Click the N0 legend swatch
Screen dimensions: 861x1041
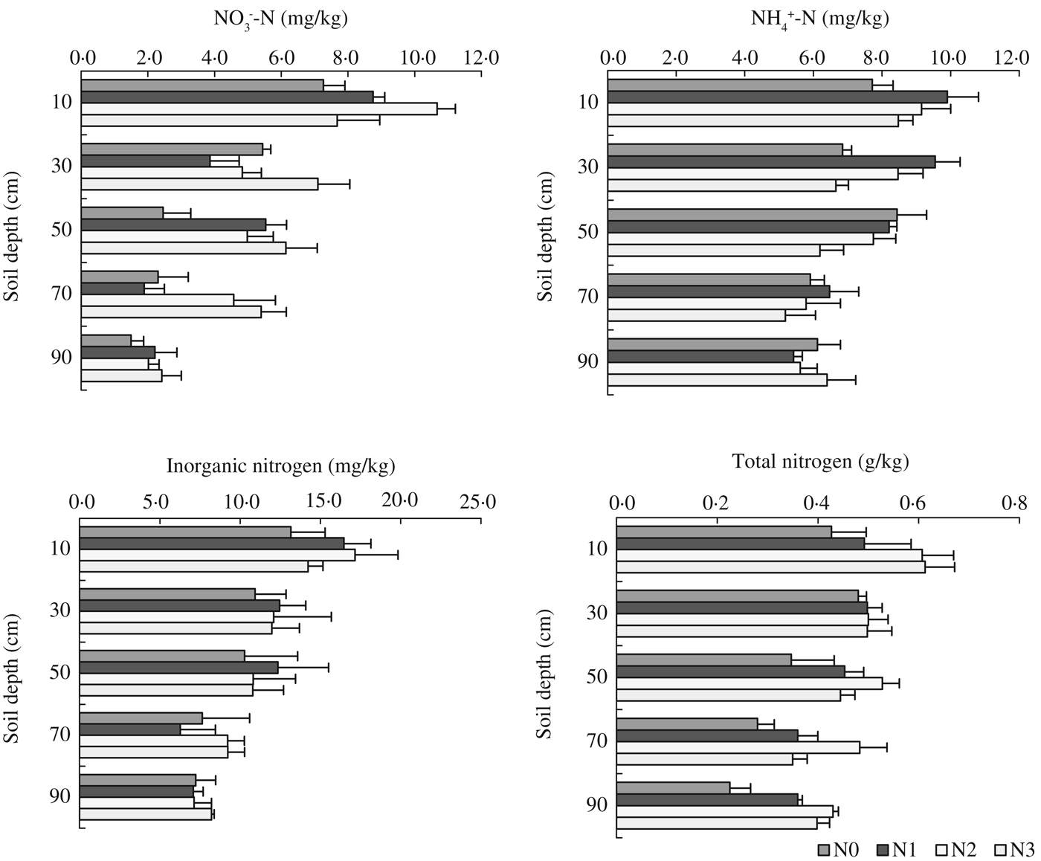pos(823,850)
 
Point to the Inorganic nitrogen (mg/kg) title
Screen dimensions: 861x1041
pos(280,466)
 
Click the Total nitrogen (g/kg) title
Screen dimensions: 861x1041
pos(820,462)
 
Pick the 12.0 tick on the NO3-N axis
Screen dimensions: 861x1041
pos(482,57)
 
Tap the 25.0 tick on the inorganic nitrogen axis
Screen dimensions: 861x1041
pos(477,503)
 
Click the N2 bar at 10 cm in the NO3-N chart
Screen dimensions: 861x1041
pos(259,109)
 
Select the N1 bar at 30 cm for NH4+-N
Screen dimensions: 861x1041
pos(771,161)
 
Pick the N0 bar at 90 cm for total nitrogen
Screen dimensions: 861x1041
pos(673,787)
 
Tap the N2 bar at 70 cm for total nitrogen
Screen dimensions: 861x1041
pos(738,747)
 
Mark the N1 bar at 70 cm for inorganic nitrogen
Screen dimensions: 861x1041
pos(129,729)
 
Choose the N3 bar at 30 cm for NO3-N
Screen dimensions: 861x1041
pos(199,184)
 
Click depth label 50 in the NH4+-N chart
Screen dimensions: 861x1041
pos(588,231)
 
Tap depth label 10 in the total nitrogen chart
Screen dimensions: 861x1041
pos(597,549)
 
